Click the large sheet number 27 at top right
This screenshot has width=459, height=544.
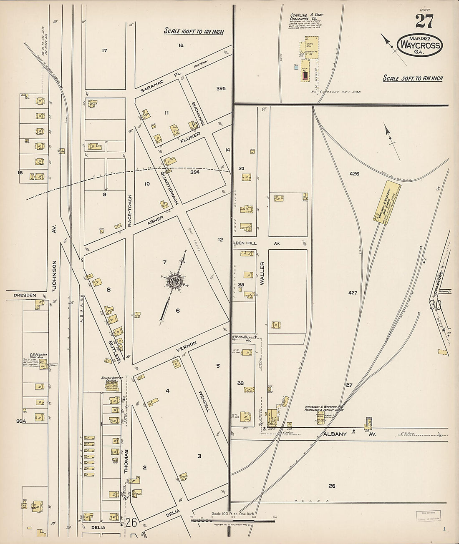[424, 21]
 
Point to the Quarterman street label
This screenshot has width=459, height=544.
[170, 183]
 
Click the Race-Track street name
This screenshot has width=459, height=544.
[130, 211]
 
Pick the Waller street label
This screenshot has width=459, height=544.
[262, 273]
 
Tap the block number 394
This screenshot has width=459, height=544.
[195, 172]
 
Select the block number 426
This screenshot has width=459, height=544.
[354, 174]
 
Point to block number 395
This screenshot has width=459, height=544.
[221, 88]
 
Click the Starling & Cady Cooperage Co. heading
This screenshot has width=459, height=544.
[306, 17]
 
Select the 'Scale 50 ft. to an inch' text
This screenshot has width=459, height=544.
[413, 78]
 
